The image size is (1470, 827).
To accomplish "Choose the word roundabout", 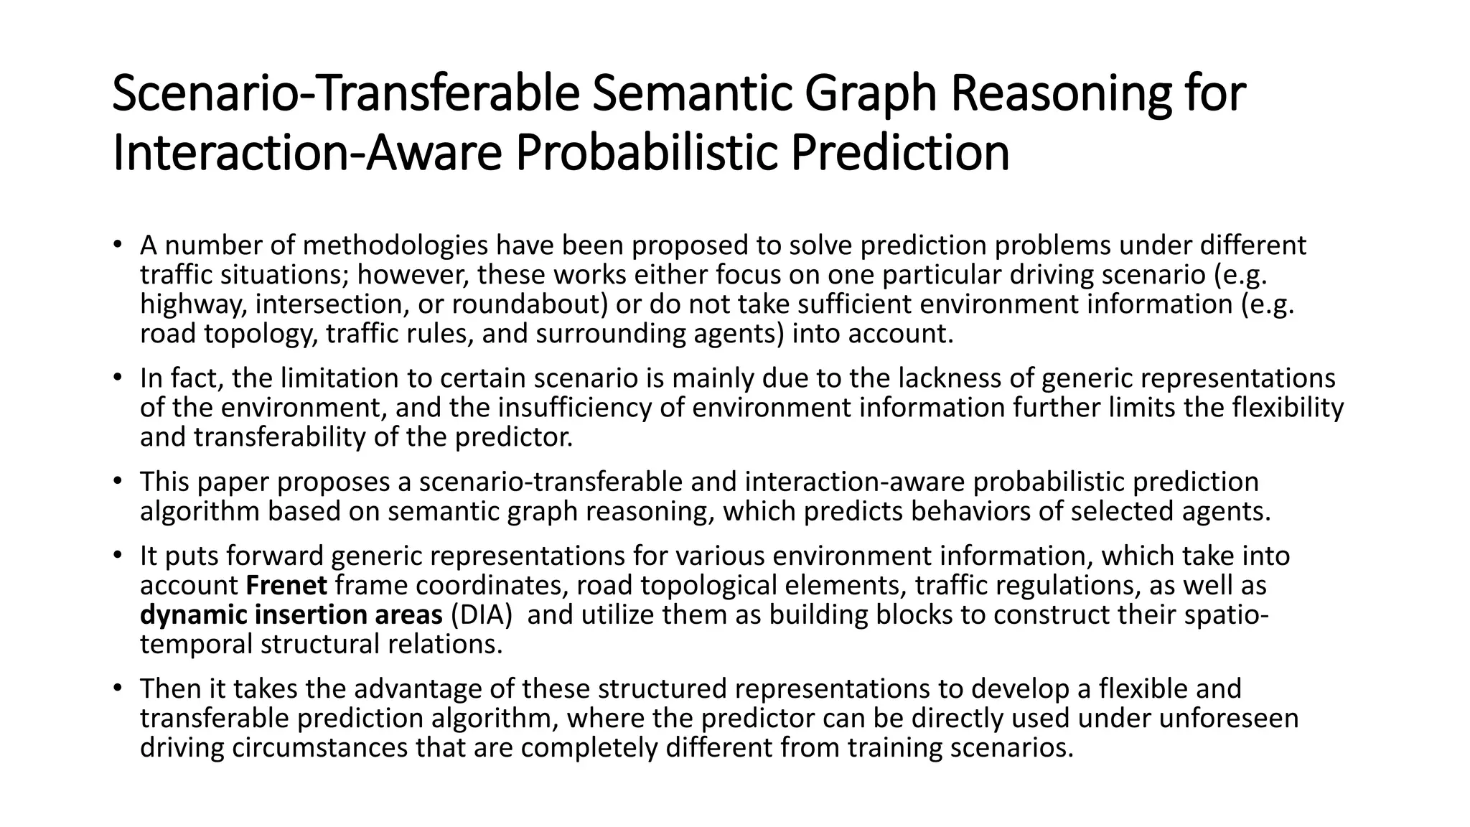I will click(x=530, y=304).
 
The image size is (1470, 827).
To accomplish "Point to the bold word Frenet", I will click(x=286, y=586).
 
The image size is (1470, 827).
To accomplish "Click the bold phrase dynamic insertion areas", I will click(x=291, y=615).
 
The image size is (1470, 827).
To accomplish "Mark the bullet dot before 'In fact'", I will click(x=117, y=377).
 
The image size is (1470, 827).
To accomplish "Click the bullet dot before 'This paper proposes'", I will click(x=117, y=481).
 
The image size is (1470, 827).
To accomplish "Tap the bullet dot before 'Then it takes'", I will click(x=117, y=688).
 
